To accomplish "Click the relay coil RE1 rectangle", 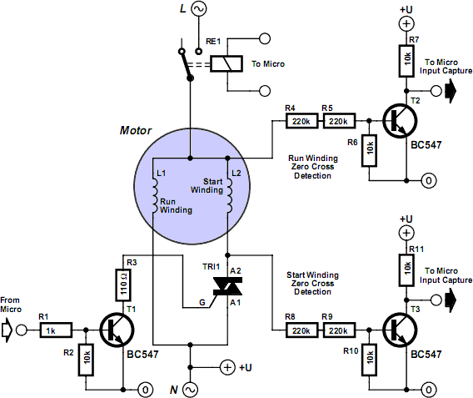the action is pos(227,63).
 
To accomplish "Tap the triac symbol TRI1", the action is pos(227,286).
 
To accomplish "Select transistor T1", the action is pos(117,330).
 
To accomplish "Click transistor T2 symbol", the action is pos(400,121).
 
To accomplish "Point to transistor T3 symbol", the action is pos(400,330).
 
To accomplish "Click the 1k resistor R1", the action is pos(56,330).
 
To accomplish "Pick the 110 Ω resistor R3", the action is pos(123,285).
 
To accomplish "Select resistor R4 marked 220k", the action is pos(301,121).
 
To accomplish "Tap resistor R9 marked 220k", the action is pos(339,330).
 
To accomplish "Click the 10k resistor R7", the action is pos(406,61).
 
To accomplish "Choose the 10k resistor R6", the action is pos(369,150).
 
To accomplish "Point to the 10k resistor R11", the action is pos(406,270).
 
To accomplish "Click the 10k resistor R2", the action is pos(86,360).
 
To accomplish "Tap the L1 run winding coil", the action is pos(154,195).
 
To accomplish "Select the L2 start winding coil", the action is pos(229,195).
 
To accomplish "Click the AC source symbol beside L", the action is pos(199,8).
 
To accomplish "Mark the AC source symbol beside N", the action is pos(190,390).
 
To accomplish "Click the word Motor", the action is pos(136,130).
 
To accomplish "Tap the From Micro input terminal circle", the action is pos(21,330).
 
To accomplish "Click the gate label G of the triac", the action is pos(202,302).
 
